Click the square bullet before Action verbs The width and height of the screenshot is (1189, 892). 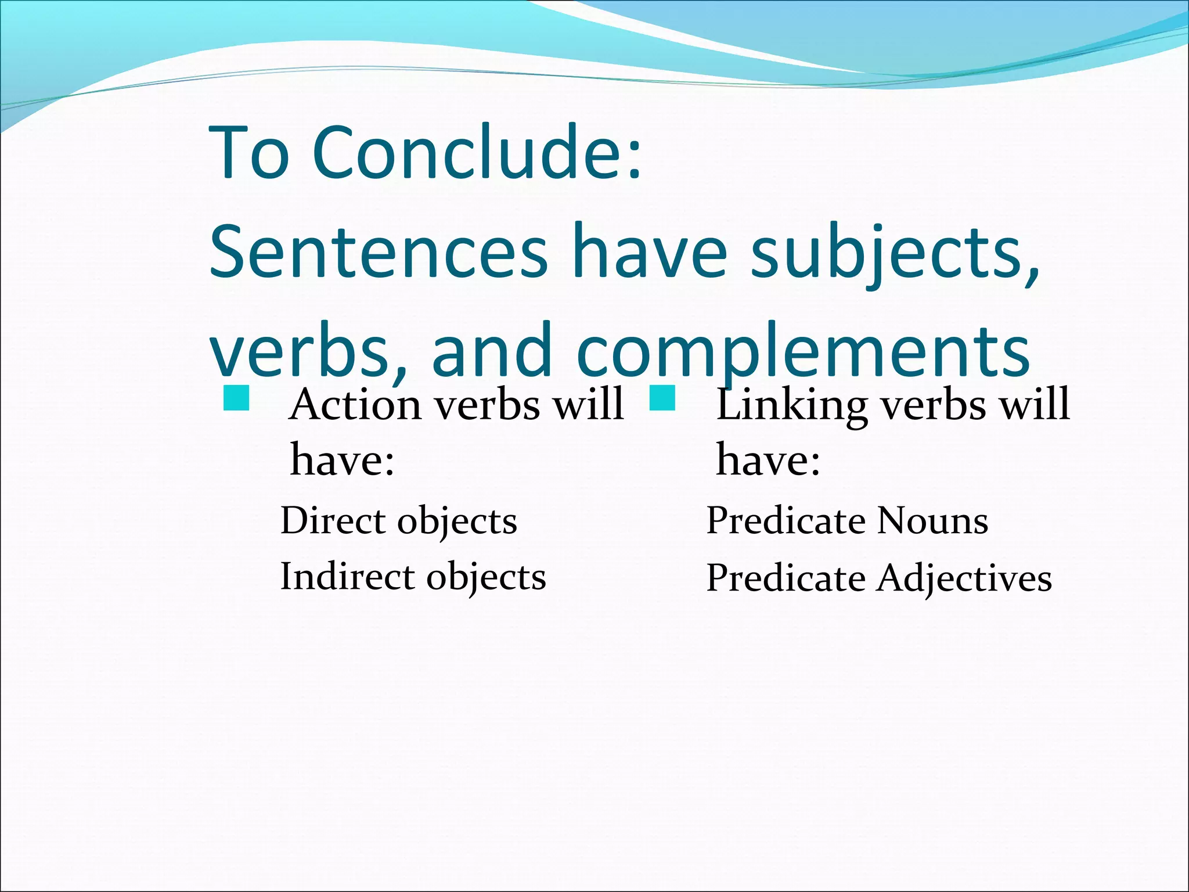[236, 398]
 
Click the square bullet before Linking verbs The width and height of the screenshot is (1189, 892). [662, 398]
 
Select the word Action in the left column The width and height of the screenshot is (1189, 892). [355, 404]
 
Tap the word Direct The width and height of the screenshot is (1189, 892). [333, 520]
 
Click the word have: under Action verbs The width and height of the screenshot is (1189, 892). [343, 459]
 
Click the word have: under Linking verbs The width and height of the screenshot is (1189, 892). [768, 459]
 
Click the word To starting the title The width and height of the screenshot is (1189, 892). [250, 153]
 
